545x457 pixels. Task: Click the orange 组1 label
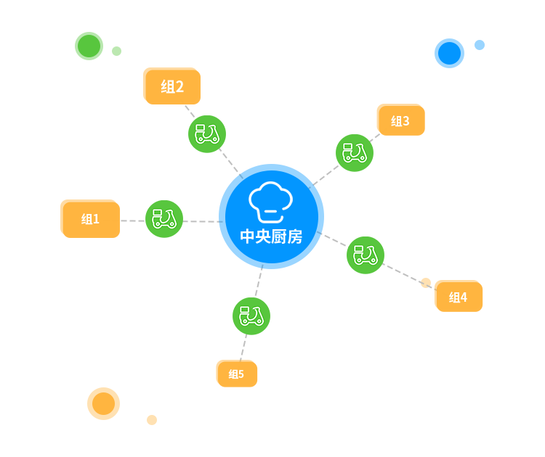90,218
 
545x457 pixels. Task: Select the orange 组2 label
171,86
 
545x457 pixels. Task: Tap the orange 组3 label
400,120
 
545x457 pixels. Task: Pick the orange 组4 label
458,296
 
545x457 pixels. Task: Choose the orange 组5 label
236,374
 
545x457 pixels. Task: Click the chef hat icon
270,202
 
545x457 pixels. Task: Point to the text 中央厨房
271,236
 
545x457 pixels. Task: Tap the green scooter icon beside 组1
164,219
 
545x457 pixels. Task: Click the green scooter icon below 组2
207,134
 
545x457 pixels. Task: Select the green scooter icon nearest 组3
355,153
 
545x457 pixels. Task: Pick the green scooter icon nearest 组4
366,255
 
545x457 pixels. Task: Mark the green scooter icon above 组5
251,316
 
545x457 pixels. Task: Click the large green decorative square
89,46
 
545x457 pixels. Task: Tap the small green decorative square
116,51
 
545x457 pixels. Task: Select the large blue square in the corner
449,53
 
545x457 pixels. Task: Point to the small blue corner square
480,45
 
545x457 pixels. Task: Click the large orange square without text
103,403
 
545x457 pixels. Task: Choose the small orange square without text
152,420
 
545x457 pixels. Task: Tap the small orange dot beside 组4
426,282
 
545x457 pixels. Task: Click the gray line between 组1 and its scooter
132,221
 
